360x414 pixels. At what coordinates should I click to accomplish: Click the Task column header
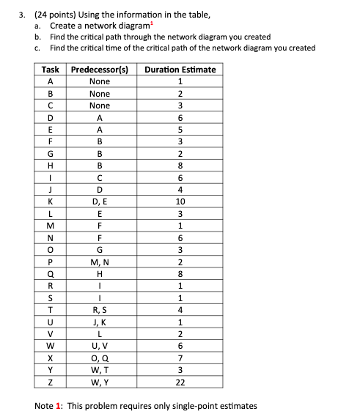(x=51, y=70)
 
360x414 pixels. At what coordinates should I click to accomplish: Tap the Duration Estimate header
(x=180, y=70)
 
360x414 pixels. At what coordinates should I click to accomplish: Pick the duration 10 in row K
(x=180, y=202)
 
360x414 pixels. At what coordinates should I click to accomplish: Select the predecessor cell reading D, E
(x=99, y=202)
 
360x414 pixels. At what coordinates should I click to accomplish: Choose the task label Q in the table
(x=51, y=273)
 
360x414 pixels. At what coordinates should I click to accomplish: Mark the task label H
(x=51, y=166)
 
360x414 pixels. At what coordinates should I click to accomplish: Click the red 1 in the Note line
(x=61, y=405)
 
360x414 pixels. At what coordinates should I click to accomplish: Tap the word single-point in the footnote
(x=187, y=405)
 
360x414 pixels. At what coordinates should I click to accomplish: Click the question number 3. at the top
(x=10, y=13)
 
